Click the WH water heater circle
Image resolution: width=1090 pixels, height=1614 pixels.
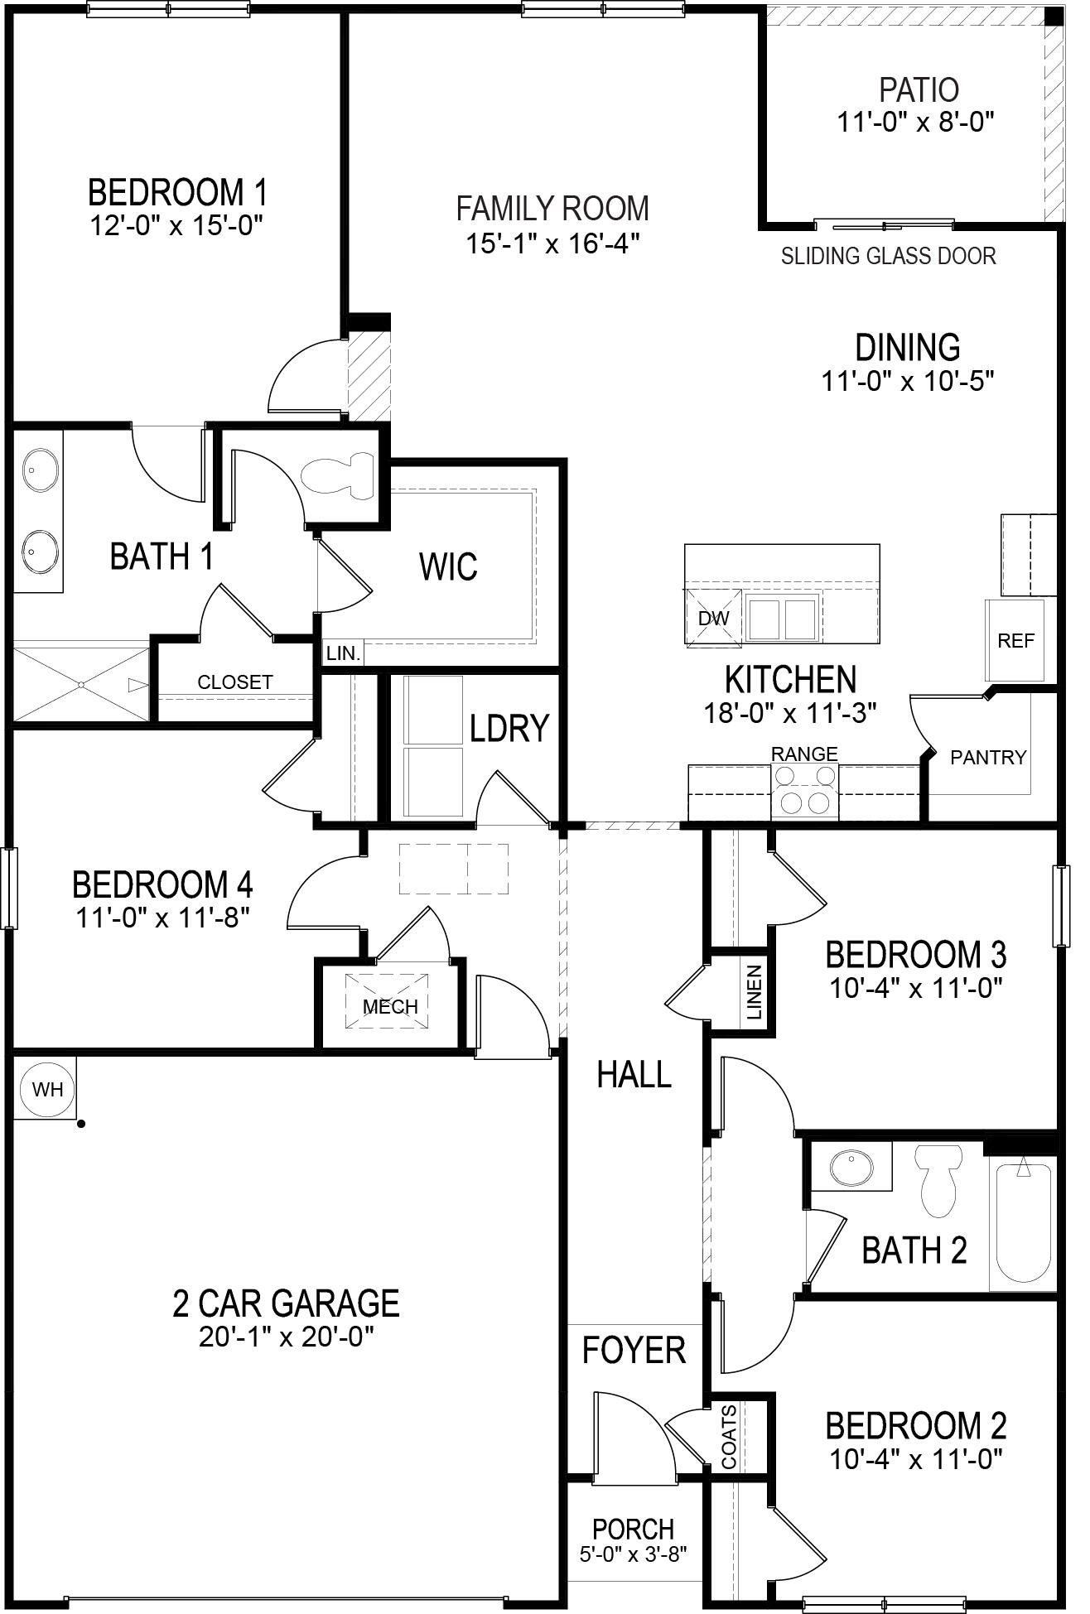coord(47,1088)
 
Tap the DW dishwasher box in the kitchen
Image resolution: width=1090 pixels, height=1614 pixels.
coord(713,618)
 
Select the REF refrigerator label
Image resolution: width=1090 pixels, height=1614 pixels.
coord(1015,641)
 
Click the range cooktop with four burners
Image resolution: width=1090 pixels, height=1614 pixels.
coord(805,790)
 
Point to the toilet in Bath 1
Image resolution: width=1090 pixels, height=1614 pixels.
coord(340,475)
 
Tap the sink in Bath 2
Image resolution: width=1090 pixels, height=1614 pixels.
coord(851,1168)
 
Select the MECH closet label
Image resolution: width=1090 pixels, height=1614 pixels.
coord(390,1007)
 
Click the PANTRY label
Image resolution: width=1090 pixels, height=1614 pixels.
coord(987,757)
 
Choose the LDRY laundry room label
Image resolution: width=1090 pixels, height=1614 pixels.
coord(509,728)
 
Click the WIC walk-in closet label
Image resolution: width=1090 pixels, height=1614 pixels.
coord(448,567)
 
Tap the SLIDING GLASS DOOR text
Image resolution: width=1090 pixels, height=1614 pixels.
coord(888,256)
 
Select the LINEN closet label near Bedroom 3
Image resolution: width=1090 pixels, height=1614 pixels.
coord(754,992)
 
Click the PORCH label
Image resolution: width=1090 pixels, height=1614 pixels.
coord(633,1529)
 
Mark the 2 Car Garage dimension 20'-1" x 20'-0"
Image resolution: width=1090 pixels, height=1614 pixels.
coord(286,1337)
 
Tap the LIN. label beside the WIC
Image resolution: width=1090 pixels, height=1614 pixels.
coord(343,653)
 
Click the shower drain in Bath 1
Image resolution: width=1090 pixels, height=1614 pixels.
coord(81,684)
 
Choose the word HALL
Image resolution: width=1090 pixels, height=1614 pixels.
coord(634,1075)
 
